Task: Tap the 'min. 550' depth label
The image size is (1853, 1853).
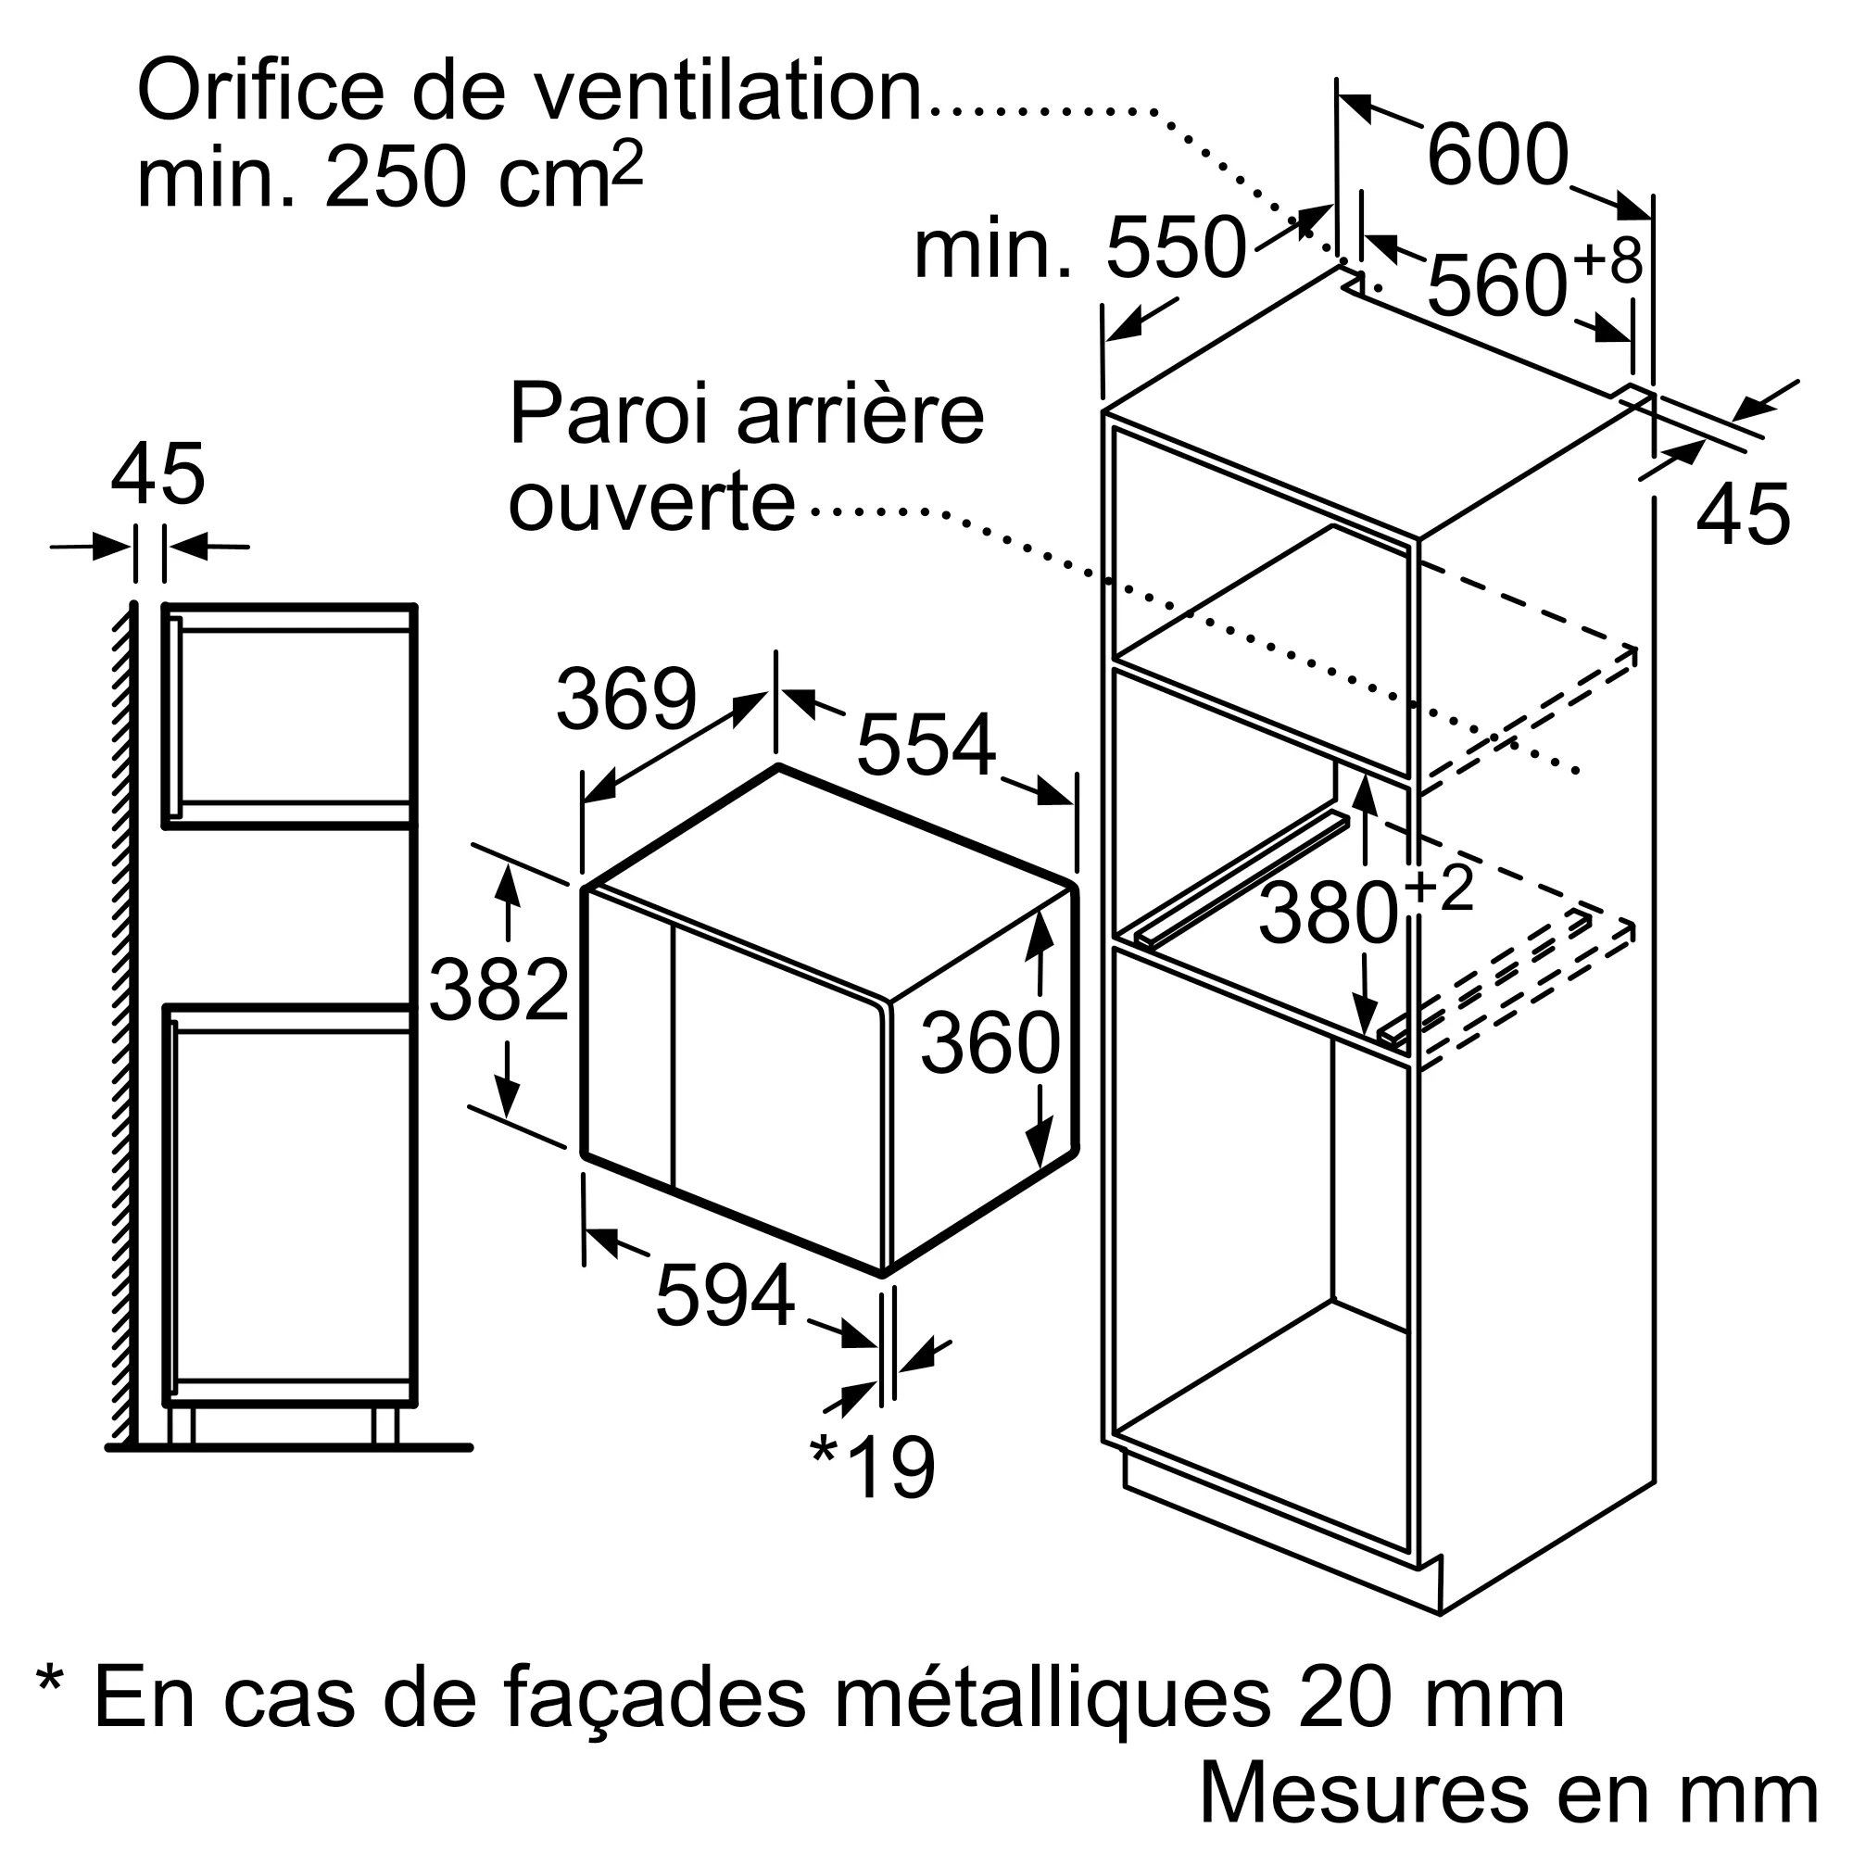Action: tap(1080, 249)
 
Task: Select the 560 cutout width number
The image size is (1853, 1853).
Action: tap(1497, 284)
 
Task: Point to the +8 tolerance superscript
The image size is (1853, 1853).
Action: tap(1608, 257)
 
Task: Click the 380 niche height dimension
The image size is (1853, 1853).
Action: tap(1329, 914)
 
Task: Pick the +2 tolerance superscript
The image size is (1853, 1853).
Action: tap(1440, 888)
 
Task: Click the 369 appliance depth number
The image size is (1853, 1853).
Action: tap(625, 700)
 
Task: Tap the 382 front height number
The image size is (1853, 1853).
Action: tap(498, 990)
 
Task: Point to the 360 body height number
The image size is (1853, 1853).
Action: tap(990, 1042)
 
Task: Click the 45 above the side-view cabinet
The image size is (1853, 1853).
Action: tap(158, 473)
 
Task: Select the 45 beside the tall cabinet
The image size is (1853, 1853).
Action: tap(1743, 515)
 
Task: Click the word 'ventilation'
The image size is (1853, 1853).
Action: tap(726, 91)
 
